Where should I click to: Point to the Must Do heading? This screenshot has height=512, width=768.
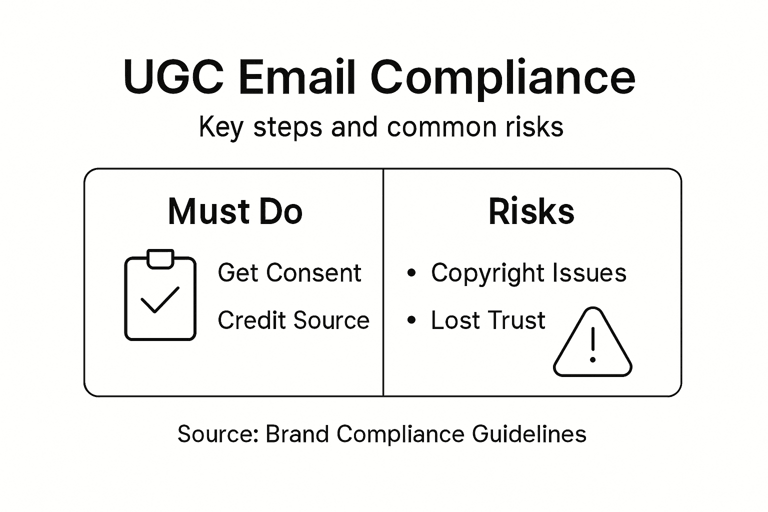point(235,211)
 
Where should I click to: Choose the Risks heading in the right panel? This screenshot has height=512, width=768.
point(531,211)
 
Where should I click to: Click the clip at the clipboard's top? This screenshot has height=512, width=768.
point(160,258)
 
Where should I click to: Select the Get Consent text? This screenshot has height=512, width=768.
point(289,273)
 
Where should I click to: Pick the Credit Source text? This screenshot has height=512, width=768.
point(293,320)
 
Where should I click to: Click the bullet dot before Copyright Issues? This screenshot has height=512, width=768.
point(411,273)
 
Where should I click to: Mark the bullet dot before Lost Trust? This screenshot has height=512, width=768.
point(411,320)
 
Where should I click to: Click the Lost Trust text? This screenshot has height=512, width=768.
point(488,320)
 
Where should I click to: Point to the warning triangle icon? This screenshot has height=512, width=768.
point(592,345)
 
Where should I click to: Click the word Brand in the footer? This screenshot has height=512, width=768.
point(297,434)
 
